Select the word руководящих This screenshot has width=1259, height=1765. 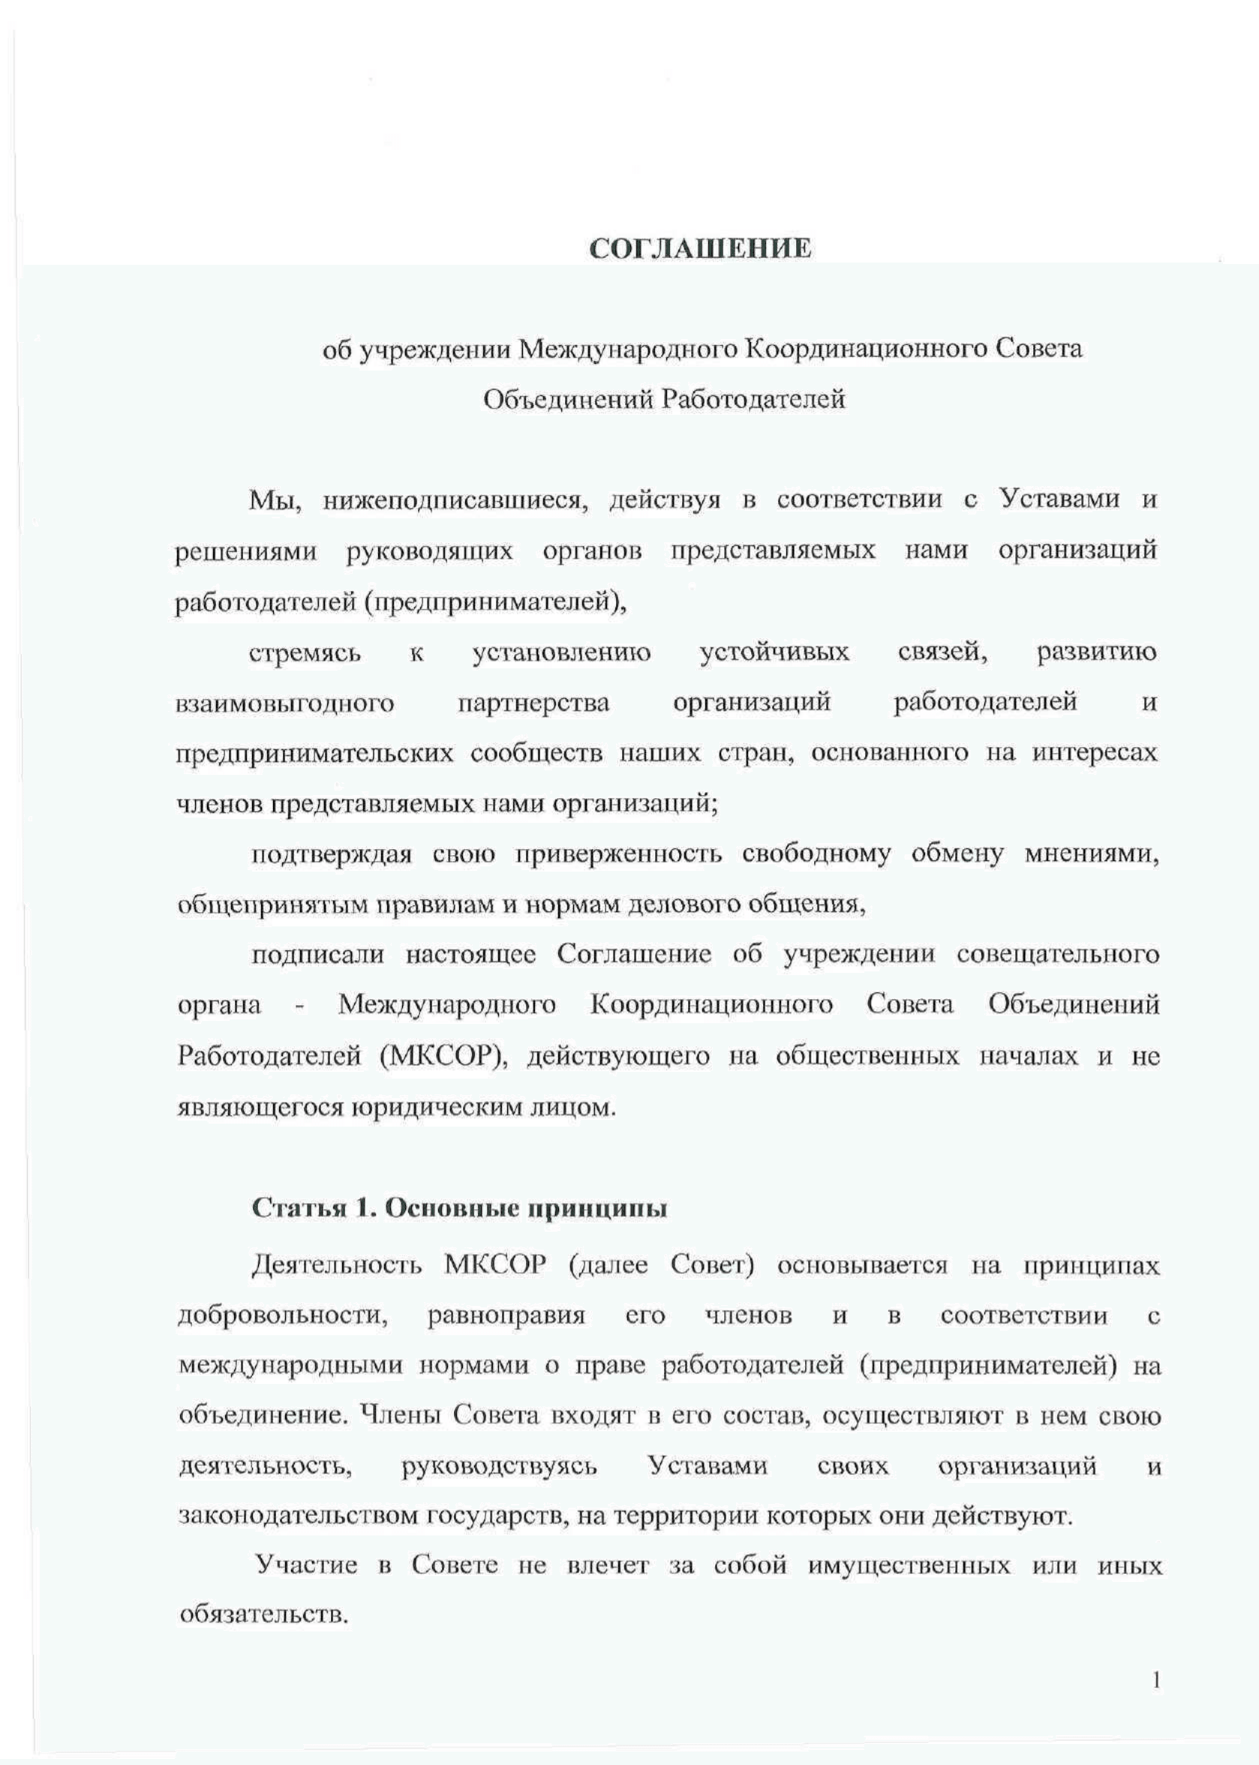tap(429, 551)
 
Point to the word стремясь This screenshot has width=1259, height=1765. tap(305, 653)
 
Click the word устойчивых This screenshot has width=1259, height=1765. tap(774, 653)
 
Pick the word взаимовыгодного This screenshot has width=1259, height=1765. tap(286, 704)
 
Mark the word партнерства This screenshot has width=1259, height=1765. tap(533, 704)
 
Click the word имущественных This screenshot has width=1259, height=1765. tap(909, 1566)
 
